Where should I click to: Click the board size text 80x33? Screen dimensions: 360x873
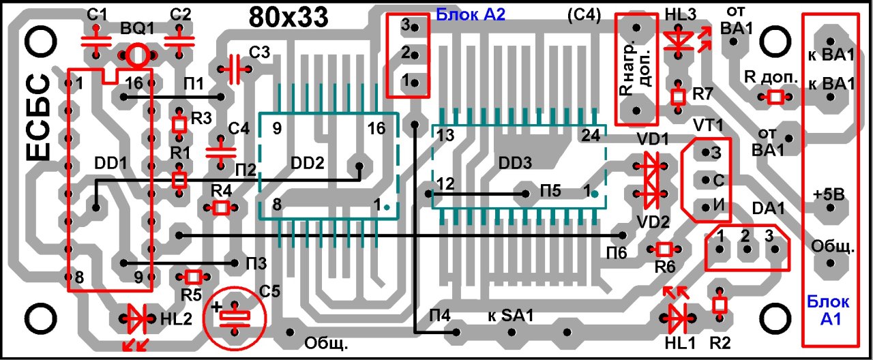[289, 16]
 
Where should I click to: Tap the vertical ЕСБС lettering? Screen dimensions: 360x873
[40, 119]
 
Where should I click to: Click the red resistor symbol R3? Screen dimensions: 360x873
[179, 124]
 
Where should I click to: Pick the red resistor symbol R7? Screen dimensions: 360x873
[678, 96]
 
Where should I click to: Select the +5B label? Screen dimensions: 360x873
[829, 194]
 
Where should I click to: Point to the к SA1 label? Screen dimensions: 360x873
[510, 316]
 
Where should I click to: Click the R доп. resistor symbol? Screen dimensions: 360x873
[775, 98]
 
